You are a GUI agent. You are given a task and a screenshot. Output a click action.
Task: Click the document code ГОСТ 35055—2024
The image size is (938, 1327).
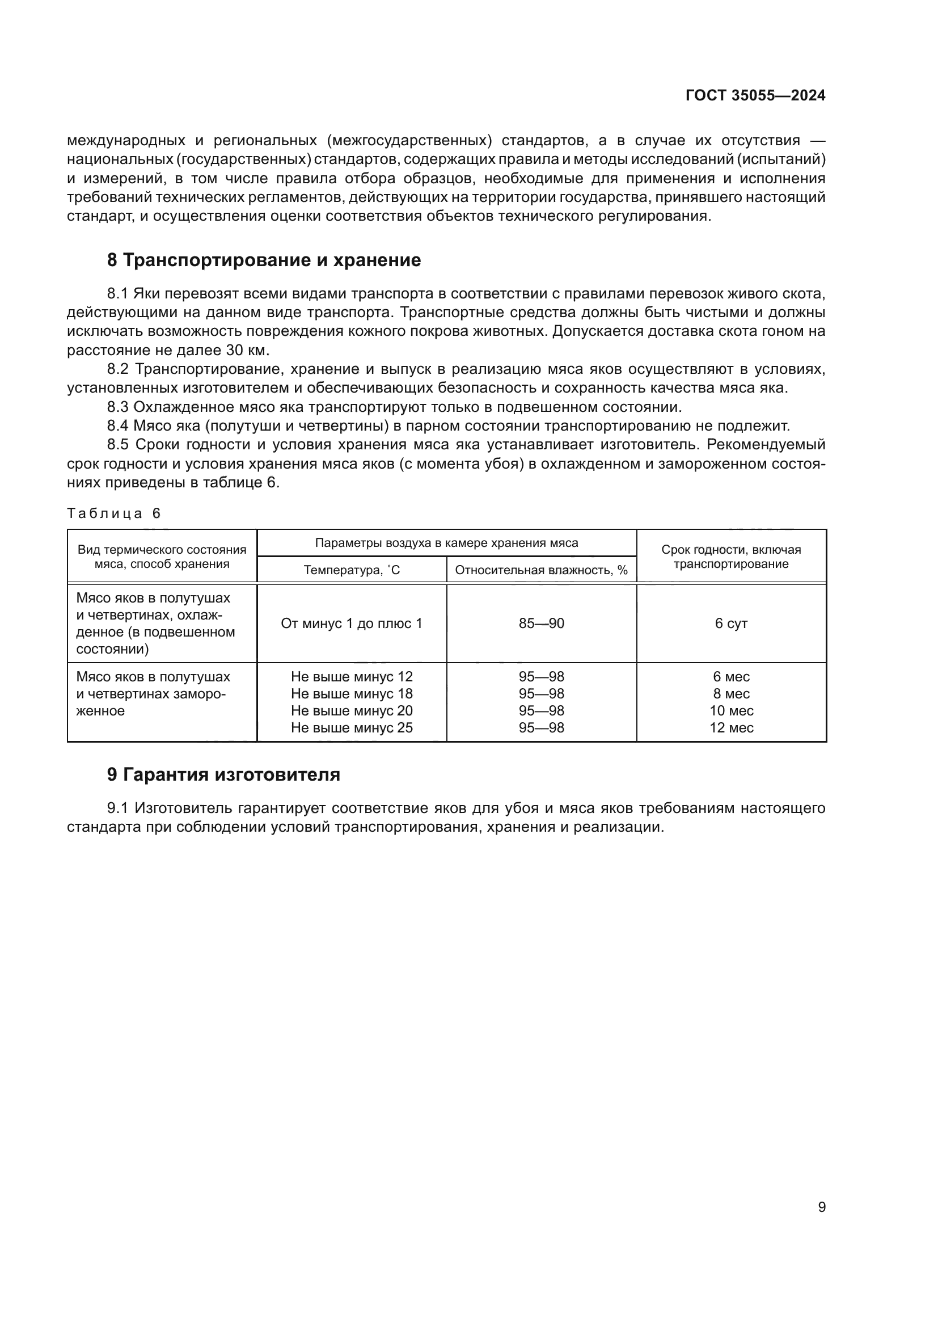coord(755,96)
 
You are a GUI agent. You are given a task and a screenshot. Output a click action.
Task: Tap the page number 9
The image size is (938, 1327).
coord(821,1207)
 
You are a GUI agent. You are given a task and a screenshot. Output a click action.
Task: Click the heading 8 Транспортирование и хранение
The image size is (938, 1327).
coord(263,260)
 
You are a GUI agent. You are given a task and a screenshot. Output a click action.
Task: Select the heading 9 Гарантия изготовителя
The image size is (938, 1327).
coord(223,774)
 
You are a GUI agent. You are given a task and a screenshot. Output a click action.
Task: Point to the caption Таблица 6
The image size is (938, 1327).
coord(114,513)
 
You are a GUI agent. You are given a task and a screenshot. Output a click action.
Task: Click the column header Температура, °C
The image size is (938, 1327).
coord(351,570)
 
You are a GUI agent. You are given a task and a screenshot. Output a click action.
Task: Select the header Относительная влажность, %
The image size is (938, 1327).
coord(540,570)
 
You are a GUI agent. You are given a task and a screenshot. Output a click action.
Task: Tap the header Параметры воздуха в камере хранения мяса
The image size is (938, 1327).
coord(446,544)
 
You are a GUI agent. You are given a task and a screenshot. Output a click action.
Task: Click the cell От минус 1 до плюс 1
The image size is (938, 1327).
coord(351,624)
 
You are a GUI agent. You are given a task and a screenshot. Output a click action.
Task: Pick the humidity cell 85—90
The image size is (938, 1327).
coord(540,624)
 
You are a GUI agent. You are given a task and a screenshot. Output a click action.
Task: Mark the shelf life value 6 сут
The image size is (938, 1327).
coord(730,624)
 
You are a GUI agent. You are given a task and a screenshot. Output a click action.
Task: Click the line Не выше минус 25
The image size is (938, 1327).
coord(351,728)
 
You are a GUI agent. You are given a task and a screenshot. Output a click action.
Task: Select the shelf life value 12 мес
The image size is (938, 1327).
coord(730,728)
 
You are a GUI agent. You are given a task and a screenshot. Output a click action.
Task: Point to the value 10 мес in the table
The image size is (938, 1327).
coord(730,711)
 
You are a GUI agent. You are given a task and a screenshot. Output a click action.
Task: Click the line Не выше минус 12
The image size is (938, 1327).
coord(351,677)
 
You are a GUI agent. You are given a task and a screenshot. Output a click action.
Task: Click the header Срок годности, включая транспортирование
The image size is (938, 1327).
coord(730,557)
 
